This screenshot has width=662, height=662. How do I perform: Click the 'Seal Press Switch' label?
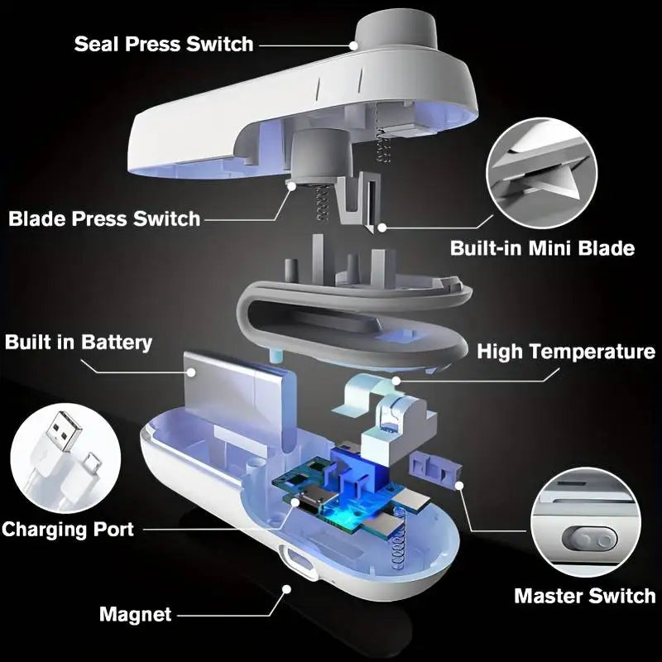click(x=163, y=44)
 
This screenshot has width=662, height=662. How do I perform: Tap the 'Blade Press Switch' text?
click(x=104, y=219)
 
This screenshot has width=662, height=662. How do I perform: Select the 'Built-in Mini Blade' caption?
click(x=542, y=248)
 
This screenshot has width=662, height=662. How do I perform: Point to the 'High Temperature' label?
click(x=566, y=352)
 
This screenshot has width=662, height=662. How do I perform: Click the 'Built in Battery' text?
click(x=79, y=342)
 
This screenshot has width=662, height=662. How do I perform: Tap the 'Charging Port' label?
click(x=68, y=529)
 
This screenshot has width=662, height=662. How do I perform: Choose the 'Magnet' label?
click(x=135, y=615)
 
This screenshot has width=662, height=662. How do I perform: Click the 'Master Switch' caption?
click(x=584, y=596)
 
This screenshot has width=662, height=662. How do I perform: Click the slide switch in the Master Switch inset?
click(x=589, y=540)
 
